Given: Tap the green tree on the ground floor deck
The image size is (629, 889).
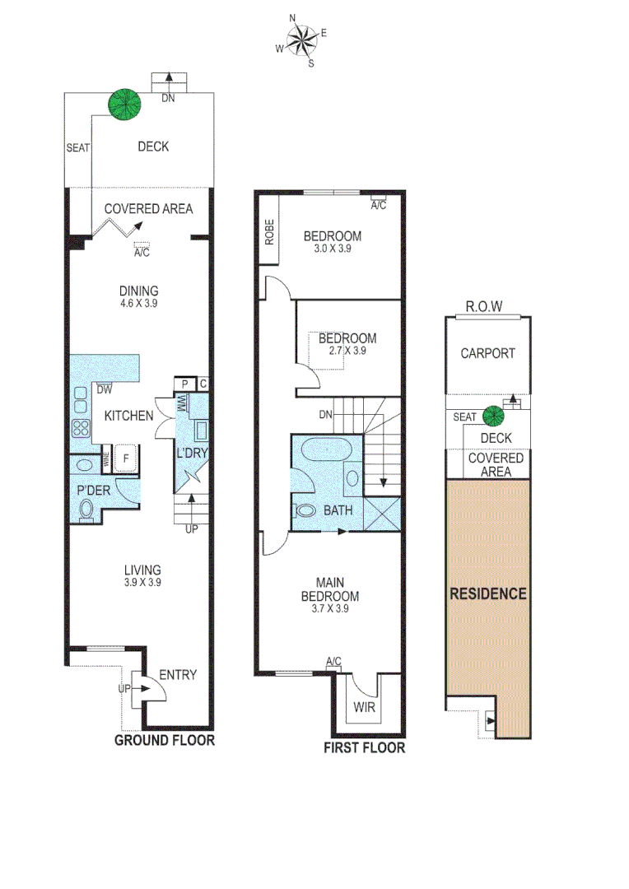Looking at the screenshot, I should pyautogui.click(x=125, y=104).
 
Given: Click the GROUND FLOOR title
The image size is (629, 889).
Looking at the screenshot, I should pyautogui.click(x=164, y=740).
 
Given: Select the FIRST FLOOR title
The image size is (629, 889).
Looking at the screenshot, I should pyautogui.click(x=364, y=747).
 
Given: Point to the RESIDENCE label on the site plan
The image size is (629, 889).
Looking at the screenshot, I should pyautogui.click(x=488, y=593).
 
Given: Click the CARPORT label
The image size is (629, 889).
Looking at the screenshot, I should pyautogui.click(x=487, y=353).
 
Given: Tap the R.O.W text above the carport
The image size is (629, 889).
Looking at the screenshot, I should pyautogui.click(x=481, y=307).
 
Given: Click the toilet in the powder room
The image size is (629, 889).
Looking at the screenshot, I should pyautogui.click(x=86, y=510).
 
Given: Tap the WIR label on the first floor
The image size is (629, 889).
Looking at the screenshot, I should pyautogui.click(x=364, y=707).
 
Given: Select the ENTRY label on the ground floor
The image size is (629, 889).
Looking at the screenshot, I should pyautogui.click(x=177, y=675).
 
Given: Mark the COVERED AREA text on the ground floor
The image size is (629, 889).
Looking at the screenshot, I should pyautogui.click(x=148, y=209).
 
